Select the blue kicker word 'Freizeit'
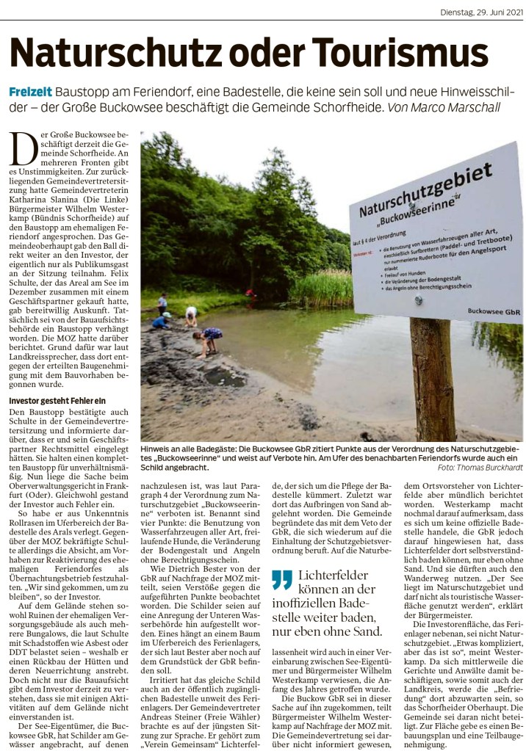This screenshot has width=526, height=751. click(30, 92)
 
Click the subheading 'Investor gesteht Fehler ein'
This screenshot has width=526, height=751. click(57, 400)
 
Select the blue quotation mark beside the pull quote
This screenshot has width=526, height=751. click(281, 580)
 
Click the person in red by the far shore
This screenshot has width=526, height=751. click(251, 296)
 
